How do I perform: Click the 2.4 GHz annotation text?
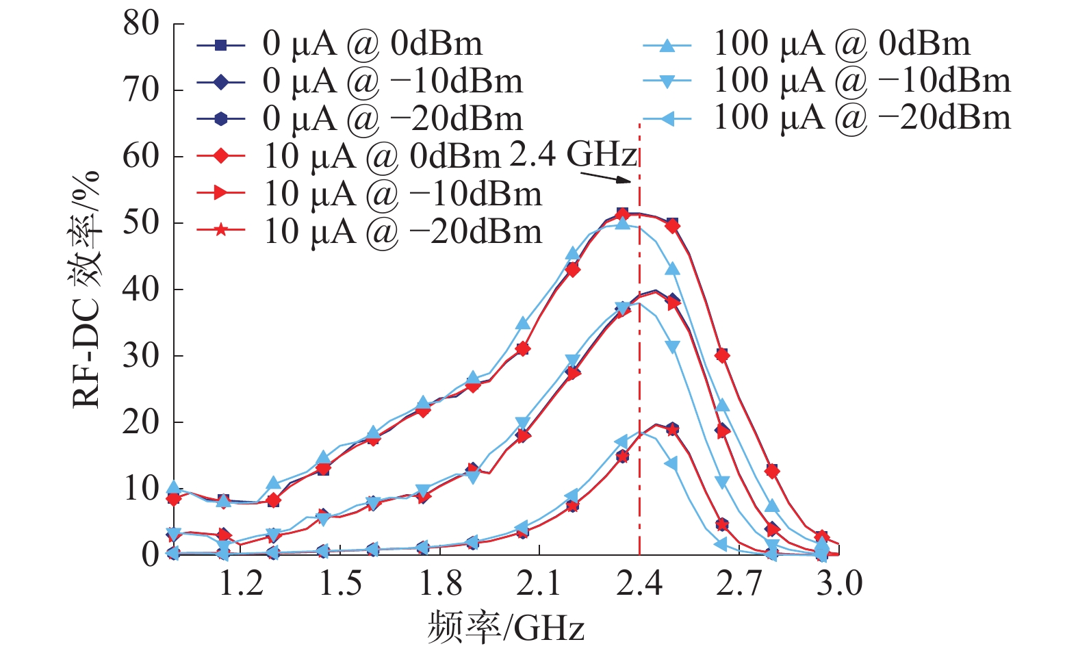(573, 155)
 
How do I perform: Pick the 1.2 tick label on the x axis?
(241, 584)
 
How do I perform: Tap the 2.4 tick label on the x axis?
(639, 584)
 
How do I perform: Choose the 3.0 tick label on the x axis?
(839, 584)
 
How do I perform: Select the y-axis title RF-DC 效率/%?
(87, 289)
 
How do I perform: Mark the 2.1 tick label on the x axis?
(539, 584)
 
